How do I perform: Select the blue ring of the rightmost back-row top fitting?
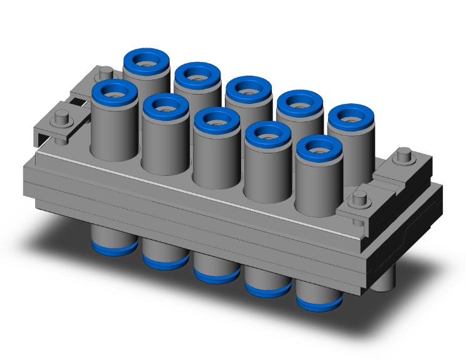351,109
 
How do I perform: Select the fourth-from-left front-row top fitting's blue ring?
268,126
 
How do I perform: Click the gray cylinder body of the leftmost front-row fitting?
114,128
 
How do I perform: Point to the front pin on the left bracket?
61,117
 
